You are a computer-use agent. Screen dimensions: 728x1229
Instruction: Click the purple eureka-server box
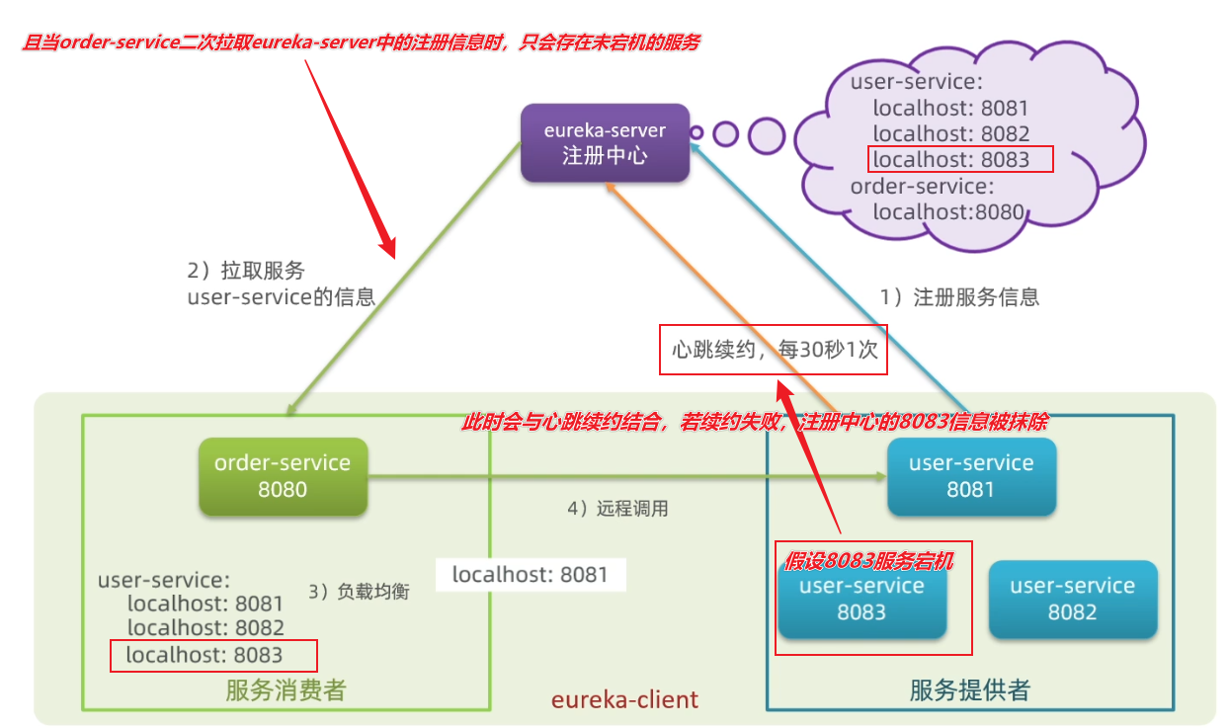pyautogui.click(x=605, y=143)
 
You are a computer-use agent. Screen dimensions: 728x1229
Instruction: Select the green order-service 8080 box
pyautogui.click(x=283, y=476)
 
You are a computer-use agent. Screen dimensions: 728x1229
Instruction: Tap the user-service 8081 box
pyautogui.click(x=971, y=476)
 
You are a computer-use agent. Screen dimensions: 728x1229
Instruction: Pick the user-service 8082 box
pyautogui.click(x=1072, y=599)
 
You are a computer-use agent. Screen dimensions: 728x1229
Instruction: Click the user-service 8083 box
pyautogui.click(x=861, y=601)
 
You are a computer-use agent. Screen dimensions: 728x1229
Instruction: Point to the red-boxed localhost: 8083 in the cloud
pyautogui.click(x=960, y=159)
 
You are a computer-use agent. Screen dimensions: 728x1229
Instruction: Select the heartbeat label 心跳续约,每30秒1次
pyautogui.click(x=774, y=350)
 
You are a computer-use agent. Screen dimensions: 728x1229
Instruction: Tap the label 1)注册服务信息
pyautogui.click(x=959, y=296)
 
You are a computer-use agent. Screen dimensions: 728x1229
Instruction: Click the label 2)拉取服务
pyautogui.click(x=246, y=271)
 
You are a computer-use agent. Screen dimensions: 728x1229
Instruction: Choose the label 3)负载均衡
pyautogui.click(x=358, y=592)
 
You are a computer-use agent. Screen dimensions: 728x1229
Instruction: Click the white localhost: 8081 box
pyautogui.click(x=530, y=575)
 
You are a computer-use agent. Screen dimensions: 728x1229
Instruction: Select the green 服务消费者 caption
pyautogui.click(x=286, y=690)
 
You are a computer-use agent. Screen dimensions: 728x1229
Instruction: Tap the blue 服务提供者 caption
pyautogui.click(x=969, y=690)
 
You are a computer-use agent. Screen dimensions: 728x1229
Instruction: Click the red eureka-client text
pyautogui.click(x=624, y=699)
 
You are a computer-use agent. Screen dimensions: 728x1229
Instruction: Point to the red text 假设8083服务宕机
pyautogui.click(x=869, y=561)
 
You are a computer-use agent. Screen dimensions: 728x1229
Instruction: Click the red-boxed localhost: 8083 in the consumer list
pyautogui.click(x=213, y=655)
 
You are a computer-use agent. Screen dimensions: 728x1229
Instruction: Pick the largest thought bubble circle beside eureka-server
pyautogui.click(x=766, y=134)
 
